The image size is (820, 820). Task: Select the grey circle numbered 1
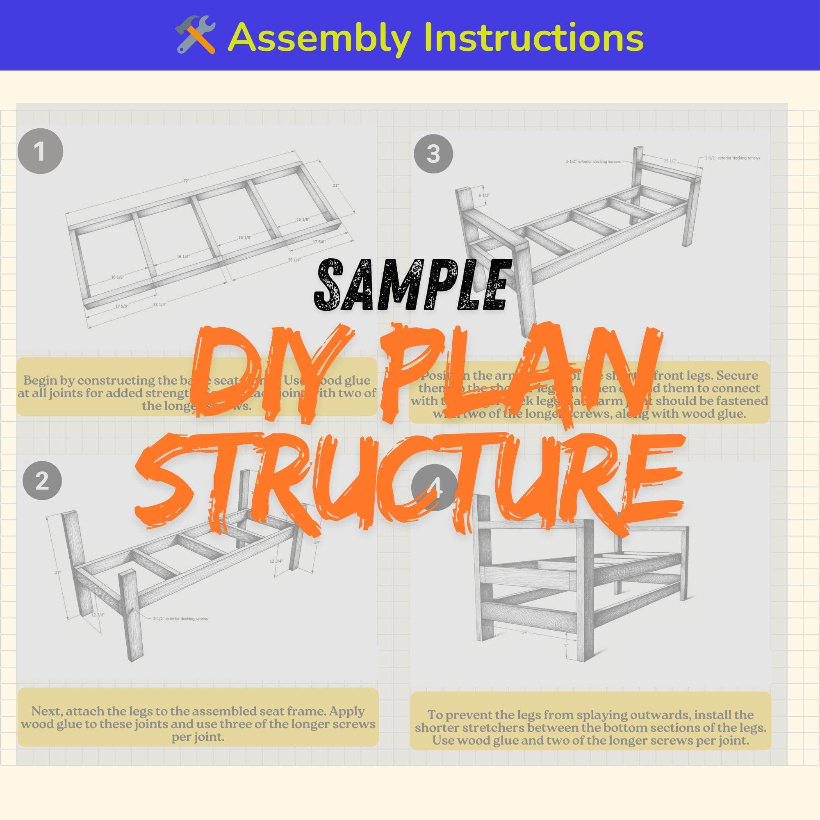pyautogui.click(x=40, y=152)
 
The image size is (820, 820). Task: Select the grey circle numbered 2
pyautogui.click(x=42, y=481)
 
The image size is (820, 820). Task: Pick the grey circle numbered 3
pyautogui.click(x=433, y=154)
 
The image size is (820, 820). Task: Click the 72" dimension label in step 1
pyautogui.click(x=186, y=181)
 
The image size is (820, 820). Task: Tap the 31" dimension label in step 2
pyautogui.click(x=58, y=572)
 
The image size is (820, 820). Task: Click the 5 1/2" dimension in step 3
pyautogui.click(x=484, y=196)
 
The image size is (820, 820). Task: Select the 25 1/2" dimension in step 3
pyautogui.click(x=671, y=161)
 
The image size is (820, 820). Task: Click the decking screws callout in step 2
pyautogui.click(x=180, y=619)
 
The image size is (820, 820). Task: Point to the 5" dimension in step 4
pyautogui.click(x=566, y=646)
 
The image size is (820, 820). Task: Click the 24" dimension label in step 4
pyautogui.click(x=525, y=632)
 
